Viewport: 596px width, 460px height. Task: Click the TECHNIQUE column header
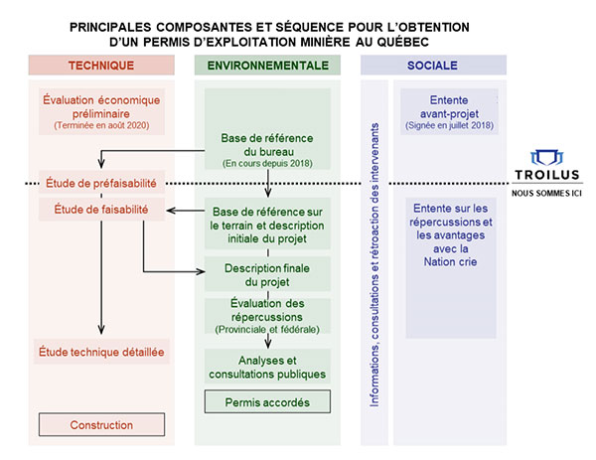coord(101,66)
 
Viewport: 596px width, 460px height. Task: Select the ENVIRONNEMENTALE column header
coord(268,66)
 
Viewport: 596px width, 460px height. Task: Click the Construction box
coord(101,425)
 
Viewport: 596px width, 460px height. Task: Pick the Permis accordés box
coord(267,402)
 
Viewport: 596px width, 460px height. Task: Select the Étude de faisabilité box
coord(100,210)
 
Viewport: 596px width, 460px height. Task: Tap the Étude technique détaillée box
coord(101,351)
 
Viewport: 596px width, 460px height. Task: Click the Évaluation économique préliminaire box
coord(101,112)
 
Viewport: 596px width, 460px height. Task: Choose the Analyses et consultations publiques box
coord(267,367)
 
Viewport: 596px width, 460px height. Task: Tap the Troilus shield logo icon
coord(547,158)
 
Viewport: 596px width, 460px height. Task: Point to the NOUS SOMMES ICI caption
coord(547,194)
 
